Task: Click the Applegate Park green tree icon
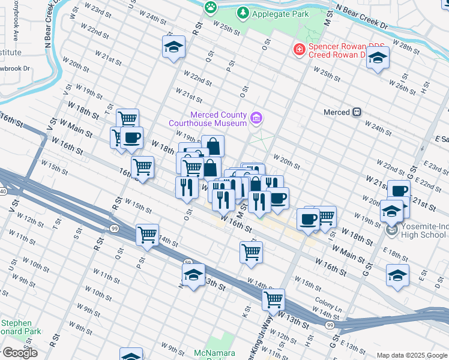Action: [243, 12]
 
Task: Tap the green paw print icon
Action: [211, 7]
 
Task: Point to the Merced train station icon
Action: [357, 112]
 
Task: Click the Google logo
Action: [19, 353]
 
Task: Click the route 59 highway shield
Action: [187, 263]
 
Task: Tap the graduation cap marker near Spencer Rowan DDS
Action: [378, 58]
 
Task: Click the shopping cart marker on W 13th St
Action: [274, 299]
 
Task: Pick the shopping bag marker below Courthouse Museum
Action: [212, 146]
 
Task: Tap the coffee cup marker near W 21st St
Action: [398, 191]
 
